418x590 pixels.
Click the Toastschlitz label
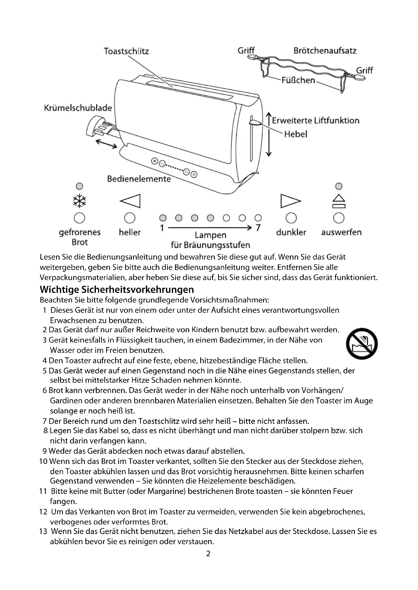(126, 51)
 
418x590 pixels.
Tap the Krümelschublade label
(78, 108)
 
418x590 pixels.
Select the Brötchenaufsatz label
(325, 51)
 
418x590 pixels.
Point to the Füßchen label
(298, 80)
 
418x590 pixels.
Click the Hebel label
(295, 134)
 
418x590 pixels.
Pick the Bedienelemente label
(139, 179)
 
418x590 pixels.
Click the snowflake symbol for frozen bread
(80, 201)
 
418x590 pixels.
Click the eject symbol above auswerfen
(339, 201)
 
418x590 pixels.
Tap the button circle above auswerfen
(339, 218)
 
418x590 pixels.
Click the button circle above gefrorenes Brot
(79, 218)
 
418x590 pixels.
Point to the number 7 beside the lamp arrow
(258, 228)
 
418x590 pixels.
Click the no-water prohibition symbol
(362, 344)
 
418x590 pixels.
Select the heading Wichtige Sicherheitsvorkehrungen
(117, 290)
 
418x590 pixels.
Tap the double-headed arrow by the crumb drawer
(106, 144)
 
